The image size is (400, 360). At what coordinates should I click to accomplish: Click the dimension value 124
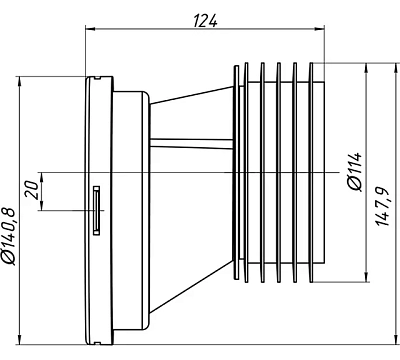205,21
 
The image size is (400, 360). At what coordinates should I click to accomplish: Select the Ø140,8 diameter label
9,236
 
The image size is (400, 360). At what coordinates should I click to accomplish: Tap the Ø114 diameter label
355,172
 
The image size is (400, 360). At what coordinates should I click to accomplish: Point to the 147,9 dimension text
383,207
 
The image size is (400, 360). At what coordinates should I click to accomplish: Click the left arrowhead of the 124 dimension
91,29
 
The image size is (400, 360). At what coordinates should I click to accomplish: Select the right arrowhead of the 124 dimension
320,29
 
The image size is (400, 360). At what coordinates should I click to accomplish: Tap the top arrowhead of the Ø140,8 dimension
20,82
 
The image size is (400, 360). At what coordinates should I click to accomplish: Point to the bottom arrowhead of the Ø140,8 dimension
20,339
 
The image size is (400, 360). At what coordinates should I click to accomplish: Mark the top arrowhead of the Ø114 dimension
367,68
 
